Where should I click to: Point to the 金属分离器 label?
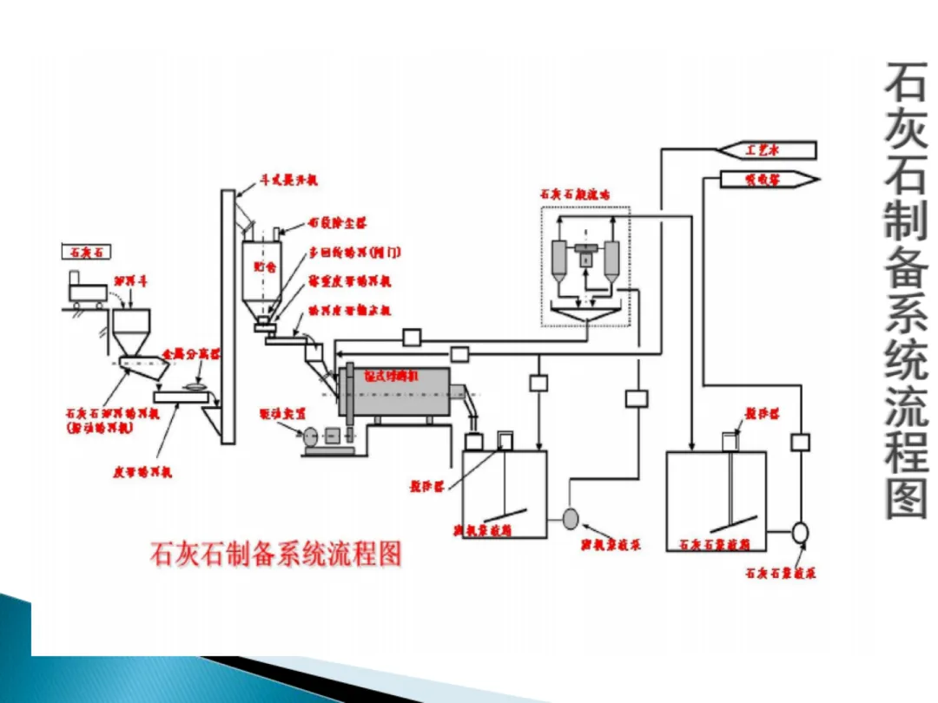click(x=192, y=354)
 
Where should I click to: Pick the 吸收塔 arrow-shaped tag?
click(x=764, y=180)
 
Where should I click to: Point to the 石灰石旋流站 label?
click(x=574, y=195)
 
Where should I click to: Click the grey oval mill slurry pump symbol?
click(x=571, y=518)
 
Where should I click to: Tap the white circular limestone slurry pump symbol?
click(x=801, y=531)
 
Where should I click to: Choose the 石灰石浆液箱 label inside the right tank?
click(x=715, y=544)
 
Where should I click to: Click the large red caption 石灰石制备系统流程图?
click(x=276, y=554)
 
